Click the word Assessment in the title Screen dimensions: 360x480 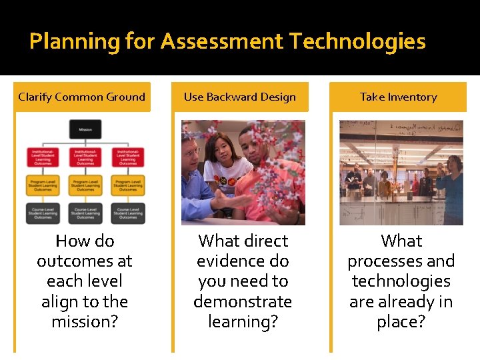click(x=223, y=42)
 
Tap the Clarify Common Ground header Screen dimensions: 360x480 click(x=82, y=97)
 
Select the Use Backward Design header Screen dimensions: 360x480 click(x=240, y=97)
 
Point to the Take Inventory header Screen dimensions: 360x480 click(x=398, y=97)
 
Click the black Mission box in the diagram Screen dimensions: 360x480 click(x=85, y=129)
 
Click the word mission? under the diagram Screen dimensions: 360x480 click(x=85, y=321)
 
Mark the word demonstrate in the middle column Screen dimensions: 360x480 click(x=243, y=301)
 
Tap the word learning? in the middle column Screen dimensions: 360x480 click(x=243, y=321)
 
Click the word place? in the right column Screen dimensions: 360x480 click(x=401, y=321)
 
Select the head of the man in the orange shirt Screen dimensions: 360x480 click(x=252, y=141)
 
